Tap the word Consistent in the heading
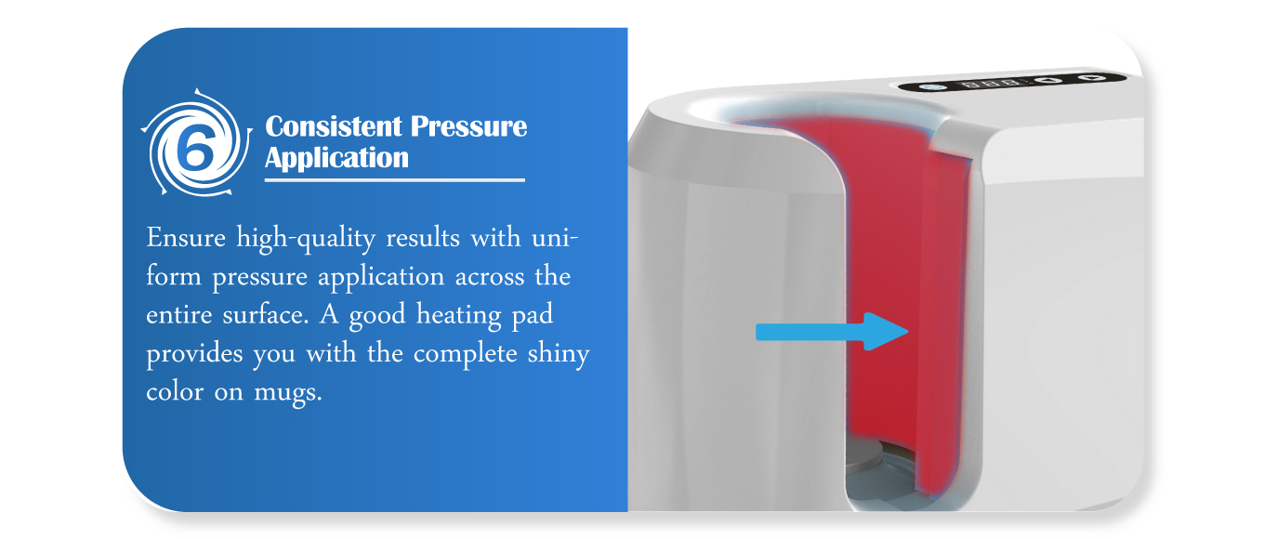coord(334,126)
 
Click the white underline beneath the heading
coord(394,180)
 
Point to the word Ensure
coord(186,238)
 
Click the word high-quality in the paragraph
coord(305,240)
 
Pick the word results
coord(423,238)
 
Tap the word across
coord(490,277)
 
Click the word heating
coord(459,315)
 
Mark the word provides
coord(194,355)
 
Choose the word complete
coord(465,355)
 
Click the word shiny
coord(559,355)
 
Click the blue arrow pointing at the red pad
coord(832,332)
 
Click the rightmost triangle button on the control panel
coord(1094,77)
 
